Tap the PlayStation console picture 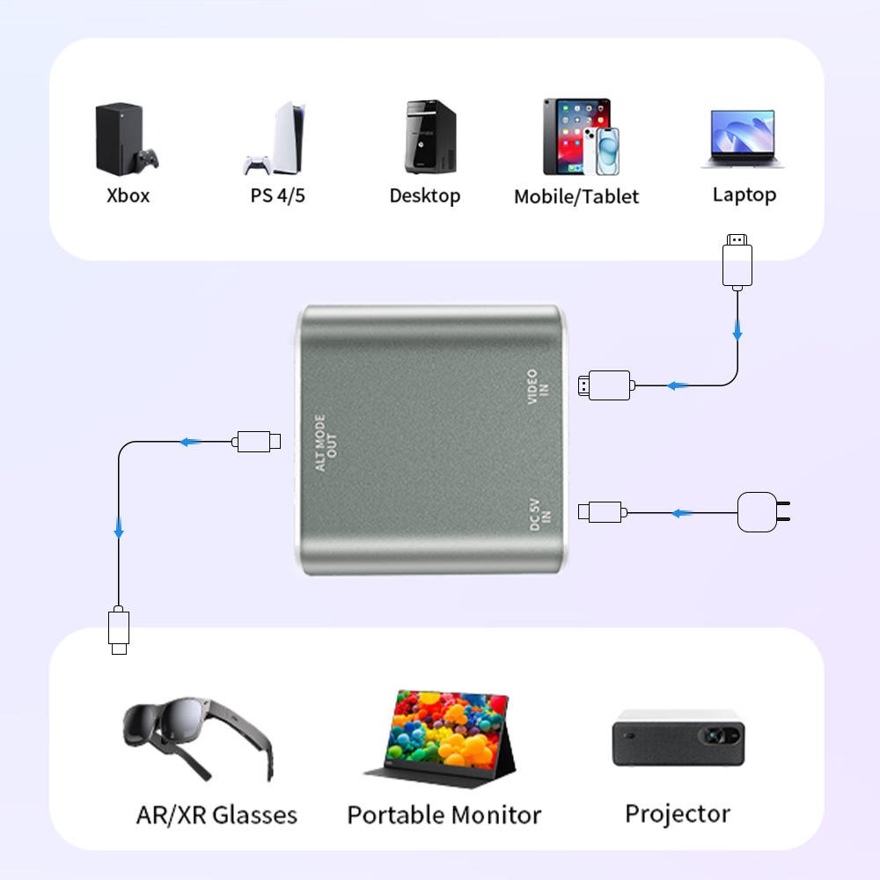[280, 139]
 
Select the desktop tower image [430, 136]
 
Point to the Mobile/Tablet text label [576, 196]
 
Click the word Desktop [425, 195]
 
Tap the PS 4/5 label [277, 195]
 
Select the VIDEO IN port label [537, 387]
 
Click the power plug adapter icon [761, 511]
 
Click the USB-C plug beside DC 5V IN [602, 511]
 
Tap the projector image [678, 737]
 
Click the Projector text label [678, 814]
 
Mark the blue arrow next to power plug [681, 512]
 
